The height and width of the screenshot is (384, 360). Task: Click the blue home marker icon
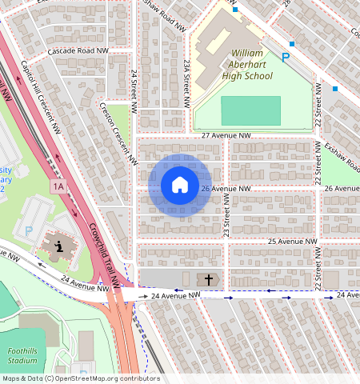coord(180,185)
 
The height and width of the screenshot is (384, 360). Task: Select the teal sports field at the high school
coord(250,110)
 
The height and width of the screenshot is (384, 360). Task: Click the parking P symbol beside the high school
coord(286,57)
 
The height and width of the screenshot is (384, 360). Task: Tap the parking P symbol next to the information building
coord(30,230)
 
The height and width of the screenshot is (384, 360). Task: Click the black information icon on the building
coord(61,245)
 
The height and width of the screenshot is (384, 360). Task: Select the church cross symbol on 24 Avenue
coord(209,279)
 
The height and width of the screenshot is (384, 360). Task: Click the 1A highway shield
coord(58,186)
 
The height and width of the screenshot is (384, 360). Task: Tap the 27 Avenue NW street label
coord(226,137)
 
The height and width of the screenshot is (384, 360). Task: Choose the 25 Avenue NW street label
coord(293,242)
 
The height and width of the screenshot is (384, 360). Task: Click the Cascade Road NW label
coord(77,50)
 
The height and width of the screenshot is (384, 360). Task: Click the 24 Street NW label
coord(134,89)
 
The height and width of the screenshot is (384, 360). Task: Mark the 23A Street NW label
coord(186,83)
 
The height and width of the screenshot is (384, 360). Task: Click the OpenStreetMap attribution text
coord(80,378)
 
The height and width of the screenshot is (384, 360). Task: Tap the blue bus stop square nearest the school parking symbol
coord(292,43)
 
